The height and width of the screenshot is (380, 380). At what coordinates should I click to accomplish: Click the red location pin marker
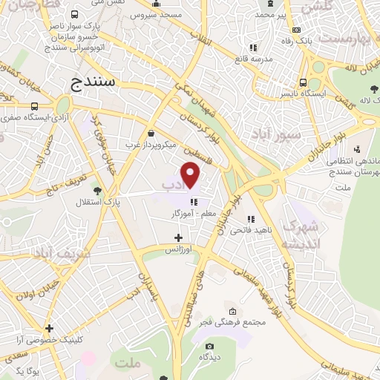(191, 175)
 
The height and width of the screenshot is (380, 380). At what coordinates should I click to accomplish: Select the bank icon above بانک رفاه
(297, 29)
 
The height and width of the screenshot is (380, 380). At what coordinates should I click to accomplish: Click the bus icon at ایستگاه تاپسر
(302, 82)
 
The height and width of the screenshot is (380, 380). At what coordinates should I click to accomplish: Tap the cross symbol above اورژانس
(177, 238)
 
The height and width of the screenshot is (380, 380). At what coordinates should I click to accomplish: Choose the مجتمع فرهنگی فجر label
(232, 321)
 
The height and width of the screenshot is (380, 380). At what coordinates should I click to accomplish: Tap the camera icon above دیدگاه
(209, 346)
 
